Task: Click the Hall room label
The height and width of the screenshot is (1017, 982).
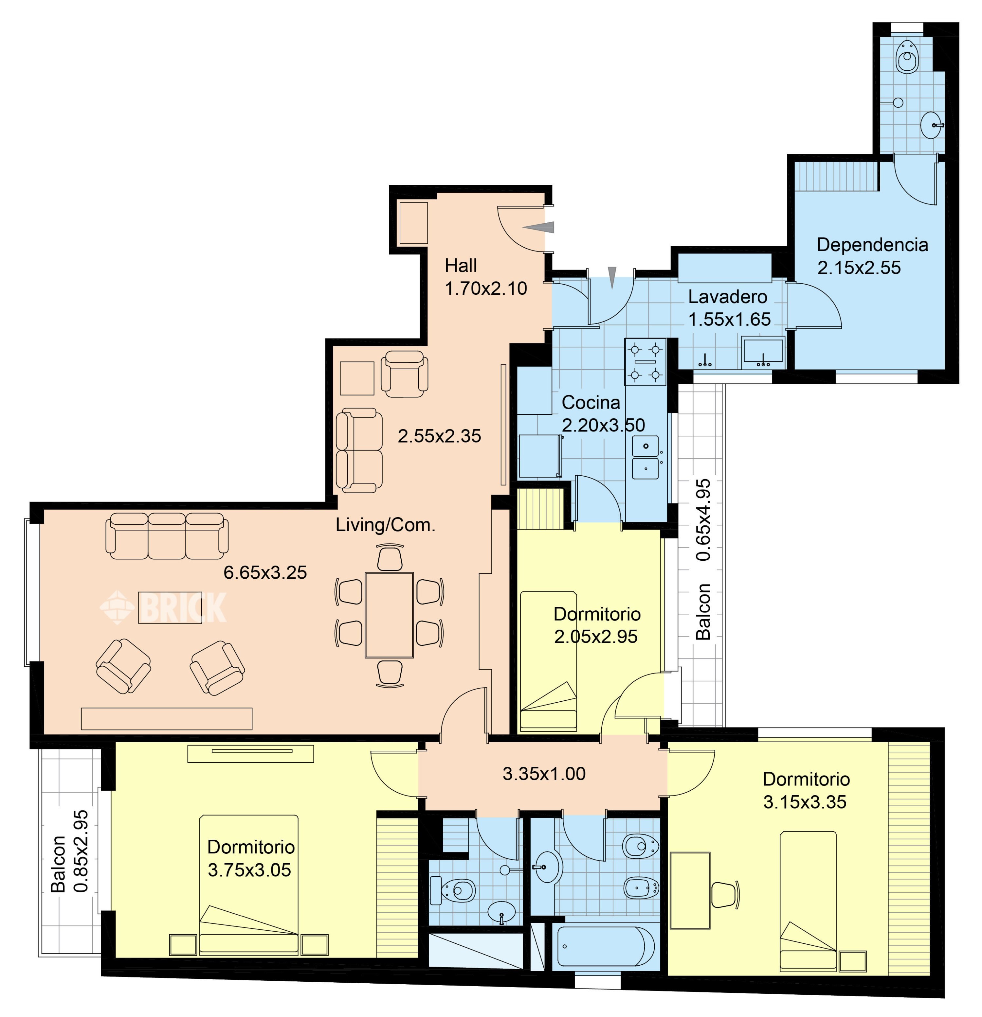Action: (x=460, y=266)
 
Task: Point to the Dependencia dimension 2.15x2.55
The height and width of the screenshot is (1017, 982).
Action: (x=859, y=268)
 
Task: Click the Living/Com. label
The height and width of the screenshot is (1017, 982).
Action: (x=385, y=525)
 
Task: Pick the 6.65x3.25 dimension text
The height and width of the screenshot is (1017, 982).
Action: (x=265, y=572)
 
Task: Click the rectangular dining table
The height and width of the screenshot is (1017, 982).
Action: (x=389, y=615)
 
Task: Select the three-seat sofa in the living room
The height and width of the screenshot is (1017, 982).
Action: (x=167, y=536)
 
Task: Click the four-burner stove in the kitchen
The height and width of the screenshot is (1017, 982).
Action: (x=645, y=362)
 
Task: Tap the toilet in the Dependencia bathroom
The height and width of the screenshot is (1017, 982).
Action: (x=907, y=56)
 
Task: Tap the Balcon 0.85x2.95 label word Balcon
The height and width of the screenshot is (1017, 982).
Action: (x=58, y=863)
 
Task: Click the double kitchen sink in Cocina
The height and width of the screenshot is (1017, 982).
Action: (x=646, y=457)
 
